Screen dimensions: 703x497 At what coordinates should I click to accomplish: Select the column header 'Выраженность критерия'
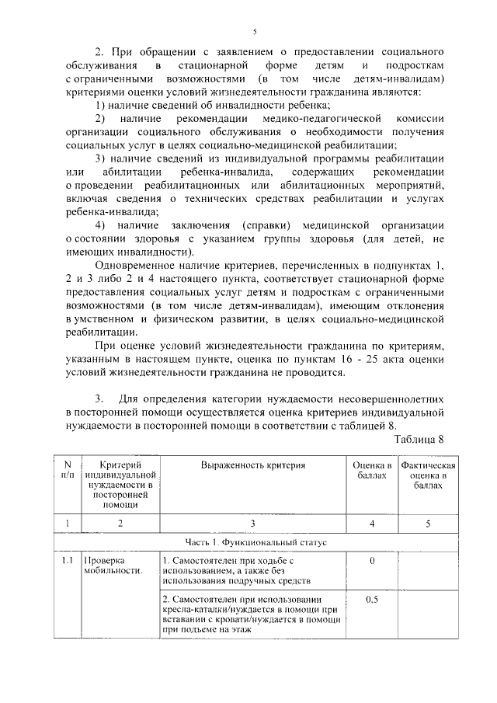coord(254,465)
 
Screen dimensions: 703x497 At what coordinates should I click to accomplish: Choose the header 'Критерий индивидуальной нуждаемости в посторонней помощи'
coord(120,484)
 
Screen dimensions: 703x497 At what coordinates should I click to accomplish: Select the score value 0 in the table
coord(372,560)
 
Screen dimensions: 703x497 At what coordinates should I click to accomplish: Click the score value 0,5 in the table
coord(372,599)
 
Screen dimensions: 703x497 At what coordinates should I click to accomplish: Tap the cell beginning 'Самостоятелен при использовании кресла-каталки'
coord(249,614)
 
